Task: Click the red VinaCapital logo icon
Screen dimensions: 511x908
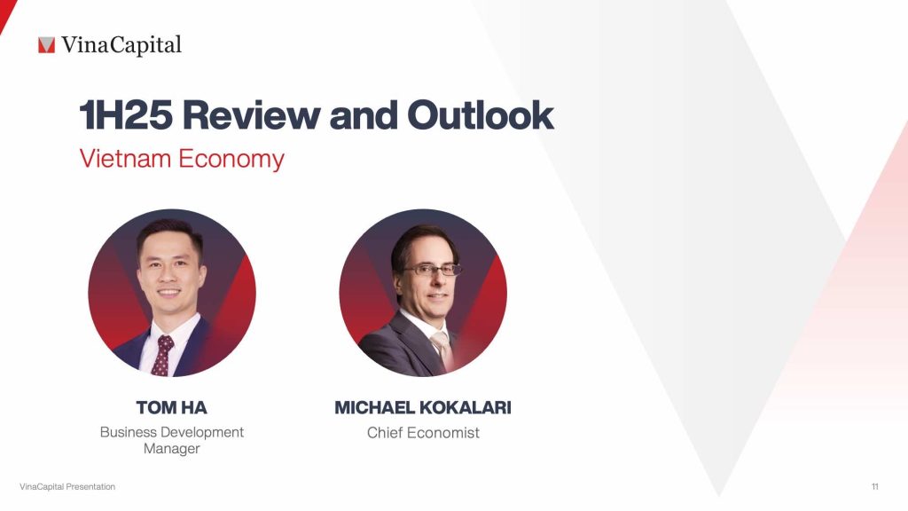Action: point(46,44)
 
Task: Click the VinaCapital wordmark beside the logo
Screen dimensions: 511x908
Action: point(121,44)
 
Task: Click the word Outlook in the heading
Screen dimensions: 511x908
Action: point(481,116)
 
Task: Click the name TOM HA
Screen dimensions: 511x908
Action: point(171,408)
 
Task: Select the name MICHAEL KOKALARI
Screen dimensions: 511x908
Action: point(423,408)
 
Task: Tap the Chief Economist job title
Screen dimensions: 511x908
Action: point(423,433)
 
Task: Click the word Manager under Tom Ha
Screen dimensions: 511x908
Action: point(171,449)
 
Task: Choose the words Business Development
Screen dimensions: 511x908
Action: point(171,432)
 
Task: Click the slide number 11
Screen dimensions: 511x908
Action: point(874,487)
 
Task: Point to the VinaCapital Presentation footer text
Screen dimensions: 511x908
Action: point(67,487)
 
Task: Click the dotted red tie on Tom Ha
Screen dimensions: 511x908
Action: point(162,355)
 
